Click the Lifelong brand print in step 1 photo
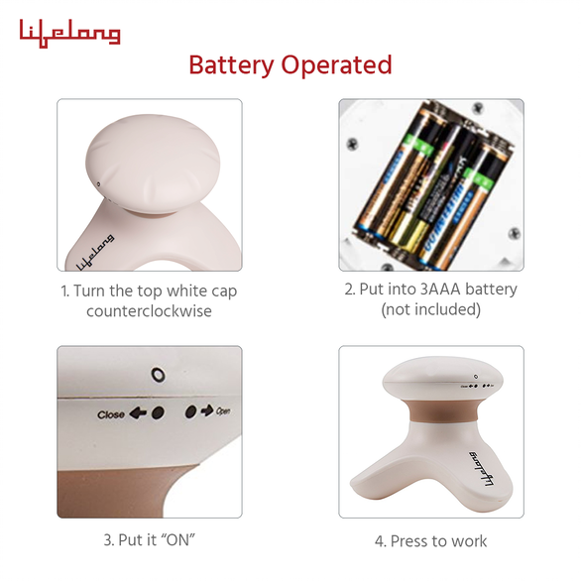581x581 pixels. click(x=94, y=252)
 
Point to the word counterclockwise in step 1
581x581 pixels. click(x=149, y=310)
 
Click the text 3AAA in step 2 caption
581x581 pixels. click(x=437, y=290)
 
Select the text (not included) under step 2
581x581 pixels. click(x=430, y=309)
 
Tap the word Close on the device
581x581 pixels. click(x=111, y=414)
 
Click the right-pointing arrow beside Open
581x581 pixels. click(x=207, y=409)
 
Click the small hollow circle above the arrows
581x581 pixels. click(x=157, y=375)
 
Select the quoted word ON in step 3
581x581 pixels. click(x=177, y=540)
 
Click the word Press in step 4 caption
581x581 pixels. click(x=409, y=540)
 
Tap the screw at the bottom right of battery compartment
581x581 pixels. click(x=514, y=234)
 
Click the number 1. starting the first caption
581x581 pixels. click(x=65, y=291)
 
